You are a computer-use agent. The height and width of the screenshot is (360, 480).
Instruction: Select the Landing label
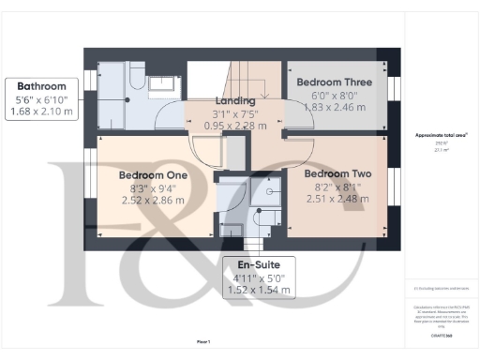[x=235, y=101]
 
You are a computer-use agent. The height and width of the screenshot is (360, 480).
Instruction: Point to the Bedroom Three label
[x=335, y=82]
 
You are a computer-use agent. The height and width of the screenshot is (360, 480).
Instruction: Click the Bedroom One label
[x=154, y=175]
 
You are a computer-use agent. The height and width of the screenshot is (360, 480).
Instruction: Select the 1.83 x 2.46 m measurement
[x=335, y=109]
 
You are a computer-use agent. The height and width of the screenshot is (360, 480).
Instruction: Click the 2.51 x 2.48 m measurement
[x=339, y=199]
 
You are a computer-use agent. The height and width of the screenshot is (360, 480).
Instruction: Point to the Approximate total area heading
[x=435, y=135]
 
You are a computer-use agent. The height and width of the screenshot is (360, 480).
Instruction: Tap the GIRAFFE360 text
[x=436, y=335]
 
